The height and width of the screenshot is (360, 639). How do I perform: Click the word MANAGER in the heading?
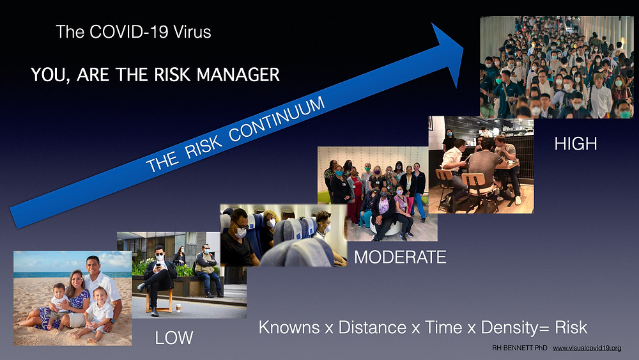[x=238, y=75]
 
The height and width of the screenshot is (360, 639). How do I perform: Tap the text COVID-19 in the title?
[x=128, y=32]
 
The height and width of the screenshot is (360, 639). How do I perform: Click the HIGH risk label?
[x=576, y=144]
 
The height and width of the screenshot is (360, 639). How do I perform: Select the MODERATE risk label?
[x=400, y=257]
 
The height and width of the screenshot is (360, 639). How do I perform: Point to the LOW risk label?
[x=174, y=338]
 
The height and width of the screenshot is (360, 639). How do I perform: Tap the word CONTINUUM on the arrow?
[x=277, y=120]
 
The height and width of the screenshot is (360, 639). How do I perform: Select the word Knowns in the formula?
[x=289, y=327]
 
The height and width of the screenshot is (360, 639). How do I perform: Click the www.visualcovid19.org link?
[x=587, y=348]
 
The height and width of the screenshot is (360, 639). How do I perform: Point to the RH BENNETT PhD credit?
[x=520, y=348]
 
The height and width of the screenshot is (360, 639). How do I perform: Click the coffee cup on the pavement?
[x=178, y=308]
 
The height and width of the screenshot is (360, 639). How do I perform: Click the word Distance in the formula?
[x=372, y=327]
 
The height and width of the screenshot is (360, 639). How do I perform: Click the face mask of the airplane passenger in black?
[x=240, y=232]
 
